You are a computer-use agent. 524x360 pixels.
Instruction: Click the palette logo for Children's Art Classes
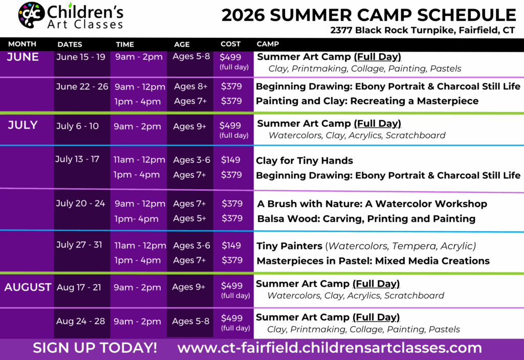coord(31,15)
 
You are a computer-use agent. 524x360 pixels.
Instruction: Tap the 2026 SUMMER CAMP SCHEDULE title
coord(368,15)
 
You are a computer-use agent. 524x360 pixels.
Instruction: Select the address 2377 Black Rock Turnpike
coord(422,30)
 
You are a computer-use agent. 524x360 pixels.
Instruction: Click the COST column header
coord(230,44)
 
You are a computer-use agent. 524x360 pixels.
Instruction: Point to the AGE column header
coord(182,44)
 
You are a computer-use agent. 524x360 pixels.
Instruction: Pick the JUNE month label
coord(23,57)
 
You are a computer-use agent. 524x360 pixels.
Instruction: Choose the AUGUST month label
coord(28,287)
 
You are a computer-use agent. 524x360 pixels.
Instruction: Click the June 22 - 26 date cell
coord(82,86)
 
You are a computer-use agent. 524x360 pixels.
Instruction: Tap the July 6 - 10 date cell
coord(77,126)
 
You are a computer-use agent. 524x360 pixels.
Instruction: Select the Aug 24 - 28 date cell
coord(80,321)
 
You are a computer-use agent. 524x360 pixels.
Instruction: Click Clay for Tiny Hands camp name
coord(304,161)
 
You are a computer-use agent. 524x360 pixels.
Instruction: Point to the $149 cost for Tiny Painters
coord(231,245)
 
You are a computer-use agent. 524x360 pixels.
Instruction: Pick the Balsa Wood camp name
coord(366,219)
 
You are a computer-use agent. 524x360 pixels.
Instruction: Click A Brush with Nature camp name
coord(372,204)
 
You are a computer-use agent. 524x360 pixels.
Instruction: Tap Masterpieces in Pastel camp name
coord(373,261)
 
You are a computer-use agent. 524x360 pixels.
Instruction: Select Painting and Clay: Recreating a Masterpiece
coord(367,101)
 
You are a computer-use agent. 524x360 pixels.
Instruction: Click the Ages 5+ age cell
coord(189,218)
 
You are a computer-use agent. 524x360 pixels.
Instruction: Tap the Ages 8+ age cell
coord(190,86)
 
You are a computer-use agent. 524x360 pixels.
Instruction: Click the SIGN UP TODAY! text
coord(95,348)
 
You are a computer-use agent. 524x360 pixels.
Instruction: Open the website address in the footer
coord(330,348)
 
